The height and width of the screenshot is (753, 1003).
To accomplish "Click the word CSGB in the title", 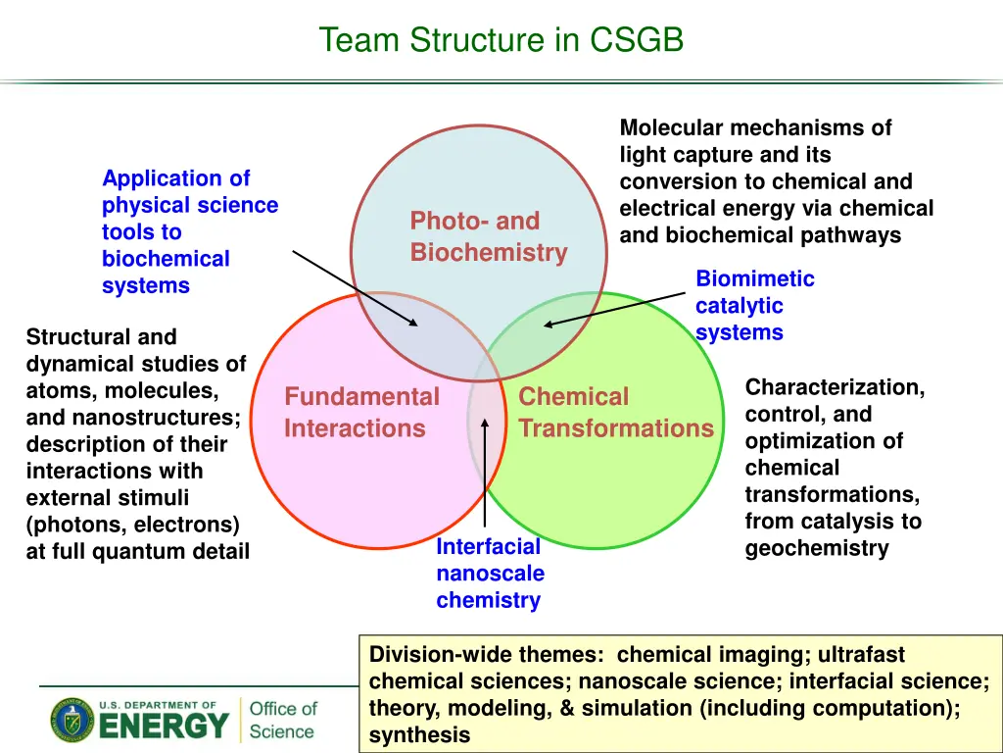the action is coord(637,39).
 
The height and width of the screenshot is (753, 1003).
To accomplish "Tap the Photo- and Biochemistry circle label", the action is coord(489,236).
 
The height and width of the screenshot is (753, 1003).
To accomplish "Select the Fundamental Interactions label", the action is coord(362,413).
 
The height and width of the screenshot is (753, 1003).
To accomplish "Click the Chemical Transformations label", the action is coord(616,413).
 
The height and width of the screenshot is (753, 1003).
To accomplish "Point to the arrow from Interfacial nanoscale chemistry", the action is coord(485,473).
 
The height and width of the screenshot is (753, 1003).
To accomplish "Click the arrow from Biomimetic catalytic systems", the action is coord(614,309).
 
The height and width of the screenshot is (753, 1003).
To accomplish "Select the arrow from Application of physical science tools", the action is coord(355,288).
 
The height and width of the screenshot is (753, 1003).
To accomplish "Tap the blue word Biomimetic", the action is coord(755,278).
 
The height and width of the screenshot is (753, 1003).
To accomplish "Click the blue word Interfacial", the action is coord(488,546).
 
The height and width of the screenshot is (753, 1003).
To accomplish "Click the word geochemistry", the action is coord(817,548).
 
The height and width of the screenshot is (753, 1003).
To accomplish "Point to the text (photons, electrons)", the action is coord(133,525).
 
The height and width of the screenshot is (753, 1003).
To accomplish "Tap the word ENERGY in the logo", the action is coord(164,727).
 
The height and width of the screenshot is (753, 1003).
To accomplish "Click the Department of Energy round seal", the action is coord(72,720).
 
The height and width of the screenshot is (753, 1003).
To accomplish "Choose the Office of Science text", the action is coord(283,720).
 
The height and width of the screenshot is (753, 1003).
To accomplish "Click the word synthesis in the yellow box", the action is coord(419,734).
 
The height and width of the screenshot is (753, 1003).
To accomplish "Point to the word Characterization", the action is coord(835,387).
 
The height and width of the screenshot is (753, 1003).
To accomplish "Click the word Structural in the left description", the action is coord(101,337).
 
